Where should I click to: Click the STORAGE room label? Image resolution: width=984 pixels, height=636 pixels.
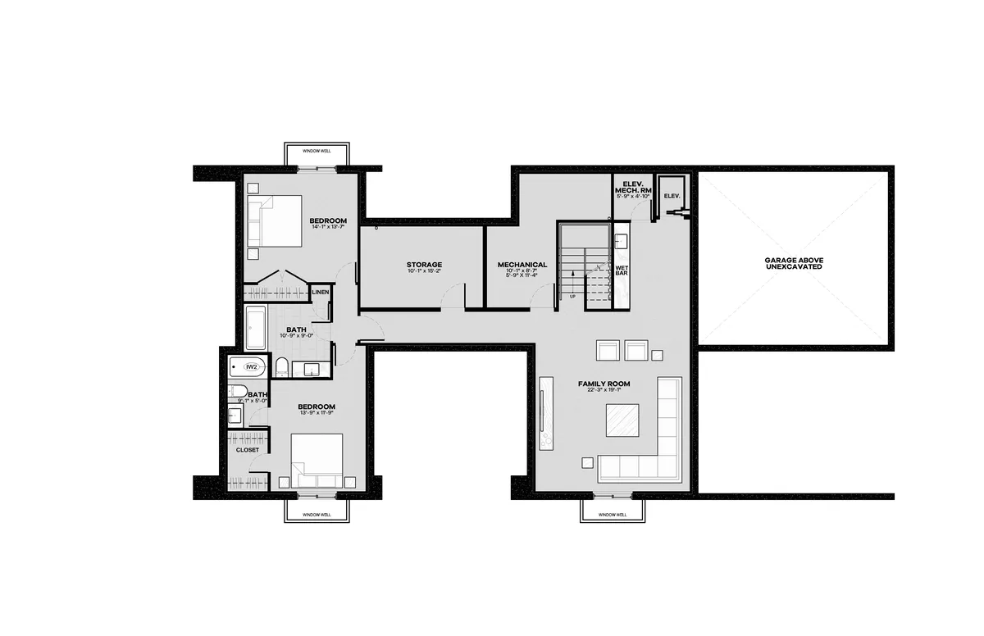pyautogui.click(x=423, y=265)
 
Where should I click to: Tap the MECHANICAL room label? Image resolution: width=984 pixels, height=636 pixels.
pyautogui.click(x=522, y=265)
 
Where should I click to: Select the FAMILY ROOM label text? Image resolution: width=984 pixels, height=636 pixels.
pyautogui.click(x=604, y=384)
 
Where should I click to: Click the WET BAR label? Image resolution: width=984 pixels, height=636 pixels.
pyautogui.click(x=622, y=270)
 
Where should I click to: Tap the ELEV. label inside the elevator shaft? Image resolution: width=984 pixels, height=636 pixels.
pyautogui.click(x=672, y=196)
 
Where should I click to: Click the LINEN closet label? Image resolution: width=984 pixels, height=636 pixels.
pyautogui.click(x=320, y=292)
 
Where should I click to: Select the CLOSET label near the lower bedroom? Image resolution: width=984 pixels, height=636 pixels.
pyautogui.click(x=247, y=450)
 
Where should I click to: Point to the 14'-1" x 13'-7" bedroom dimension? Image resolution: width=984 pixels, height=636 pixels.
pyautogui.click(x=328, y=227)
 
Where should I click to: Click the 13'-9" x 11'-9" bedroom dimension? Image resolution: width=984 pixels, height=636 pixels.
pyautogui.click(x=316, y=414)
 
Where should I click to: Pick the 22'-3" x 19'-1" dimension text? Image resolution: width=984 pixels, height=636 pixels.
pyautogui.click(x=604, y=391)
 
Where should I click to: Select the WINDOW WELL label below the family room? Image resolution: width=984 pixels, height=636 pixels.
pyautogui.click(x=612, y=515)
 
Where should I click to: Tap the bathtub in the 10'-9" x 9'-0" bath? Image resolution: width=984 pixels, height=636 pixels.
pyautogui.click(x=255, y=328)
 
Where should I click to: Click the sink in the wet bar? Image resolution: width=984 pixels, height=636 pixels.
pyautogui.click(x=621, y=242)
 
